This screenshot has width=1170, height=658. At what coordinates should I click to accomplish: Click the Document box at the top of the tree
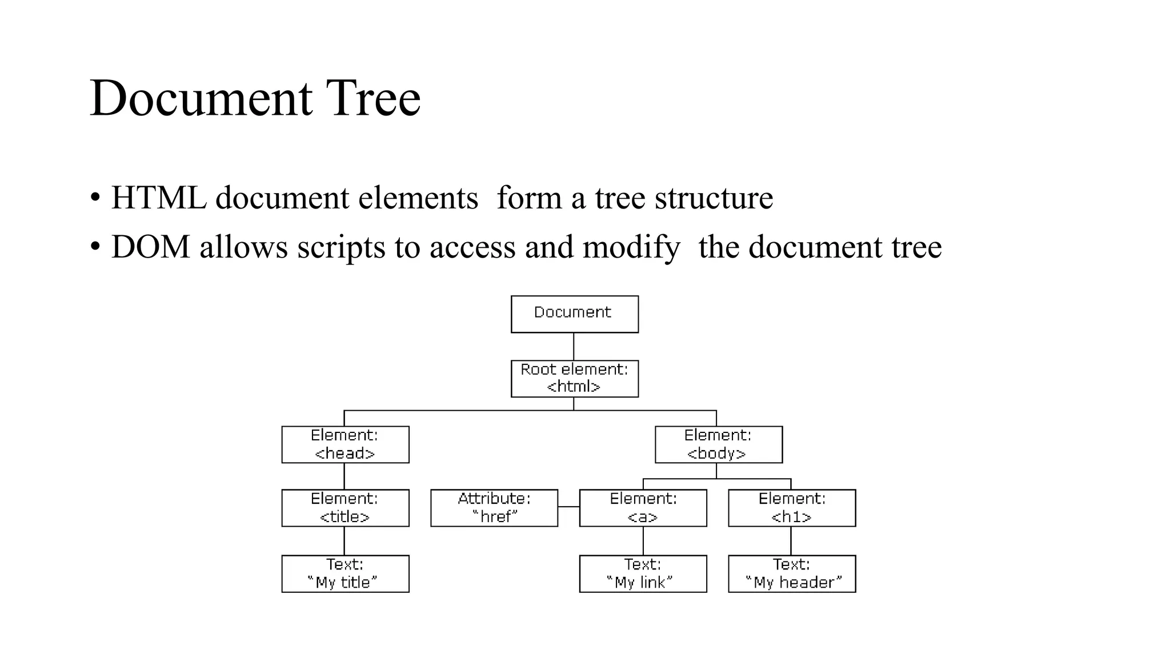click(x=574, y=314)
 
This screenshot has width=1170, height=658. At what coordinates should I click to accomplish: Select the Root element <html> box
click(x=574, y=379)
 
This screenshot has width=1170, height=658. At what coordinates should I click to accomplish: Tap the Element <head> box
click(x=345, y=444)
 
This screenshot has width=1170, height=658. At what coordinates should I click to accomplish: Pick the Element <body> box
click(x=718, y=444)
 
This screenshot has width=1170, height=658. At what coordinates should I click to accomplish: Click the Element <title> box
click(x=345, y=508)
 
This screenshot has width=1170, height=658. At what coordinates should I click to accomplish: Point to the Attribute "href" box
click(x=494, y=508)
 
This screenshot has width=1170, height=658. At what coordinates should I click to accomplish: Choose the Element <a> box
click(x=643, y=508)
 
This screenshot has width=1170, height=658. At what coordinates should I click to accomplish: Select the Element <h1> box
click(x=792, y=508)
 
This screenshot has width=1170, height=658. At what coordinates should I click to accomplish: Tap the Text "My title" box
click(x=345, y=573)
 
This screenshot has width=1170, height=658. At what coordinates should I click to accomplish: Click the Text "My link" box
click(x=643, y=573)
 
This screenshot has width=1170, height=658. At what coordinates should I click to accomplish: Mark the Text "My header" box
click(x=792, y=573)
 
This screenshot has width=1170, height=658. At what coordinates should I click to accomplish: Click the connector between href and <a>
click(x=568, y=507)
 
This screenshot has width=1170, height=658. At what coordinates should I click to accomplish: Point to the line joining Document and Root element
click(x=574, y=346)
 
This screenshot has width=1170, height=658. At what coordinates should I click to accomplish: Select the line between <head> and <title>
click(x=344, y=476)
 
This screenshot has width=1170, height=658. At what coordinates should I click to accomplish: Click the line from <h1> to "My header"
click(x=791, y=540)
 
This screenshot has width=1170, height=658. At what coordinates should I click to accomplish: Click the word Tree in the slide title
click(x=373, y=98)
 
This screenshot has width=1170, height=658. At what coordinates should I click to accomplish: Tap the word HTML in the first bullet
click(x=158, y=198)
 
